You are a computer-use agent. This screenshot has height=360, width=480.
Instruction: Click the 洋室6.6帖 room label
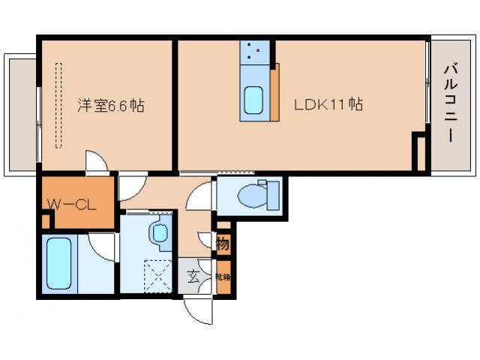[x=110, y=105]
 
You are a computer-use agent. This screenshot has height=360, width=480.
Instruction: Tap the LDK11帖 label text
[x=327, y=105]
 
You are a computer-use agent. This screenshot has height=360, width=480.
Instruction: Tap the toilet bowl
[x=247, y=196]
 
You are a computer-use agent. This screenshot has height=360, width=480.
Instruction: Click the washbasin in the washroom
[x=159, y=232]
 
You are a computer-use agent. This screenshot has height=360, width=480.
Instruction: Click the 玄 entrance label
[x=193, y=277]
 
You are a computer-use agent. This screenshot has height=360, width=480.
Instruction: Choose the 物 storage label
[x=223, y=243]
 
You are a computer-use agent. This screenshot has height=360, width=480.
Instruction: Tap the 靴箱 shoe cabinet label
[x=223, y=276]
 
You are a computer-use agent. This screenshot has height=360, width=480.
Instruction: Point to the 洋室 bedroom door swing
[x=95, y=162]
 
